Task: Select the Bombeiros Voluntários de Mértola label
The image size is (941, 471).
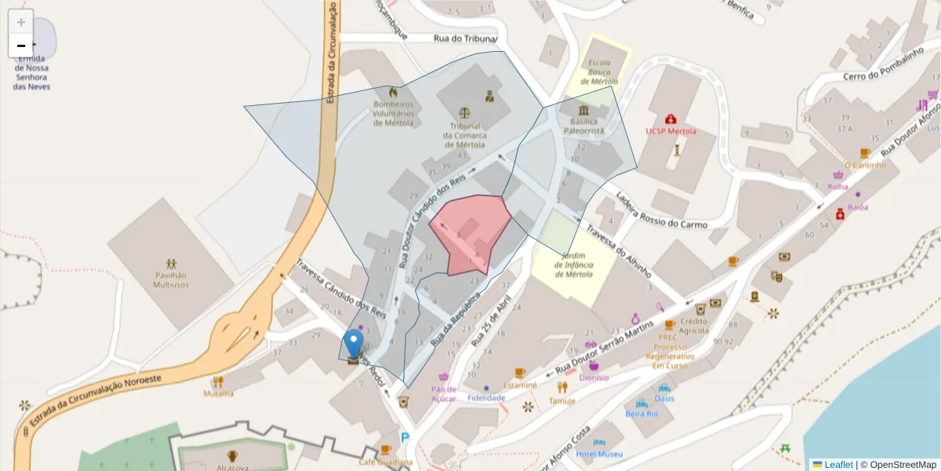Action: click(x=392, y=113)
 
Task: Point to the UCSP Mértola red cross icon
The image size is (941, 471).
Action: click(x=670, y=119)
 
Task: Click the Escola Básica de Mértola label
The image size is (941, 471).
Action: click(x=599, y=72)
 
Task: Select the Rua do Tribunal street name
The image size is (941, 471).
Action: click(x=465, y=38)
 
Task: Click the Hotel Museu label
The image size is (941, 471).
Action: click(x=599, y=455)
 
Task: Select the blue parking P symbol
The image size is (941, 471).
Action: click(x=405, y=438)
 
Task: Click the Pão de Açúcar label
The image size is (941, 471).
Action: click(x=444, y=393)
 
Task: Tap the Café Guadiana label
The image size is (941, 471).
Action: click(x=385, y=462)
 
